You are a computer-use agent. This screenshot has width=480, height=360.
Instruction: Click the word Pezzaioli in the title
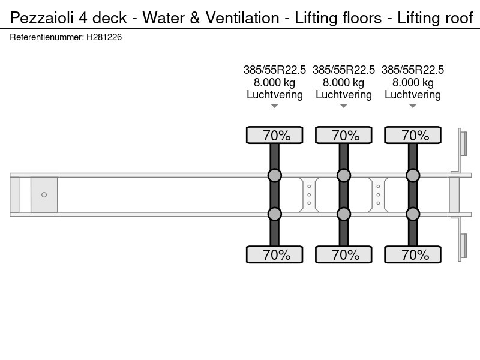coord(41,18)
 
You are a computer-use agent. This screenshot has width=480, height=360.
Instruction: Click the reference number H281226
coord(104,37)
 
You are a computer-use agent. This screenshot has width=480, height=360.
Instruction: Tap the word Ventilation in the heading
coord(242,18)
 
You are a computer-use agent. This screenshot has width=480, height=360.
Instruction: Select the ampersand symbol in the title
coord(194,18)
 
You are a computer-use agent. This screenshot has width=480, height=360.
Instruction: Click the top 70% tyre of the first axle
coord(275,135)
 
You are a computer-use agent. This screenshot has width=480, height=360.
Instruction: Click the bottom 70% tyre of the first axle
coord(275,254)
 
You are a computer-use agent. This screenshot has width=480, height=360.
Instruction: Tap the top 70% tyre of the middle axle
coord(344,135)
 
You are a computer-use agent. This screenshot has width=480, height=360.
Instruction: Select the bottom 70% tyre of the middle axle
coord(344,254)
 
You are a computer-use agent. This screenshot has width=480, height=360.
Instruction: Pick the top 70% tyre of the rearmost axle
coord(413,135)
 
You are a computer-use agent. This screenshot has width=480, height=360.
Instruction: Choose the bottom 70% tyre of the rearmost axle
coord(413,254)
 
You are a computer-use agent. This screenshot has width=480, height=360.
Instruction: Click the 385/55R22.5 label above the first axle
coord(275,70)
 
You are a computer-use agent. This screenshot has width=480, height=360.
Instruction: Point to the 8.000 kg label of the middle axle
coord(344,82)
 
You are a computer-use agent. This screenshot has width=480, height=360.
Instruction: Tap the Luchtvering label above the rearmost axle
coord(413,95)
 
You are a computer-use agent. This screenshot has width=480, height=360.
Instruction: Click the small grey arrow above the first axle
coord(275,106)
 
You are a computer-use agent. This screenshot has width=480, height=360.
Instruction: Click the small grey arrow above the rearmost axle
coord(413,106)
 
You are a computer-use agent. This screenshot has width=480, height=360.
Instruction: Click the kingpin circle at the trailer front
coord(44,194)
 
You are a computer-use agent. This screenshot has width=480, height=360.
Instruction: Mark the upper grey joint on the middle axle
coord(344,175)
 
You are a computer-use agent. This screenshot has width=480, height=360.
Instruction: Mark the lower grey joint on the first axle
coord(275,214)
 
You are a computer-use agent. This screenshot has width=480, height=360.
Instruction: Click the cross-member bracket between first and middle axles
coord(309,194)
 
